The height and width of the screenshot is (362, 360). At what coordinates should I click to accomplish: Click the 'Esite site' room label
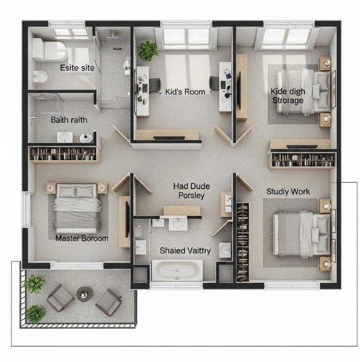point(77,68)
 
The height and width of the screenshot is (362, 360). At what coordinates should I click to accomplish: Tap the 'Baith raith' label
point(69,120)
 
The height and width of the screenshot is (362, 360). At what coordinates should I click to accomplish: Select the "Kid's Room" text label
point(185,92)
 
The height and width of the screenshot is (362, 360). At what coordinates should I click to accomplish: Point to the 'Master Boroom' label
point(82,238)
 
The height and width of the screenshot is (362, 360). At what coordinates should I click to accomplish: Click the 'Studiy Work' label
point(288,191)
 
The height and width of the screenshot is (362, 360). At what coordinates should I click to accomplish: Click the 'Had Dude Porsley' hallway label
point(191,191)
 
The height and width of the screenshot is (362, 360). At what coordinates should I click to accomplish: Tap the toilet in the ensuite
point(49,50)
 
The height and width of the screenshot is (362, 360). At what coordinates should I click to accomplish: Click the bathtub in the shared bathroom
point(177,271)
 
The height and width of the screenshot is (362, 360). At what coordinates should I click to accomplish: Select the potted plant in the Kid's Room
point(148,50)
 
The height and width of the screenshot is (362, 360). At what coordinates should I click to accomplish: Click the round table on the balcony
point(84,293)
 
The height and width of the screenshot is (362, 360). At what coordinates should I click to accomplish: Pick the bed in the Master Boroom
point(76,206)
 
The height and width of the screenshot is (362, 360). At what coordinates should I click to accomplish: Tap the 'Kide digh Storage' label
point(287,95)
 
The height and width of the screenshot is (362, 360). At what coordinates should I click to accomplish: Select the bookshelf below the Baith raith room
point(63,154)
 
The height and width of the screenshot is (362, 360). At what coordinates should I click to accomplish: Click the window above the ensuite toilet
point(70,33)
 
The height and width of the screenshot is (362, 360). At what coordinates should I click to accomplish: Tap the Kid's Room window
point(186,36)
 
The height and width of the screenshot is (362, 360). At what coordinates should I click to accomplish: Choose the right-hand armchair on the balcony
point(108,302)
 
